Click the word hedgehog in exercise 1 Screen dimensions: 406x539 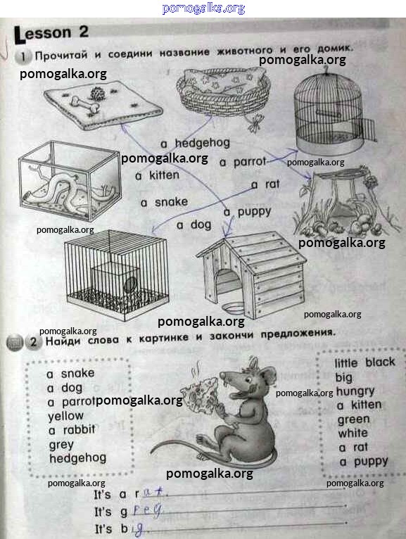(x=202, y=143)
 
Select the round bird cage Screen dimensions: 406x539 (x=331, y=110)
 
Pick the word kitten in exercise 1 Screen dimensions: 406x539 (x=164, y=175)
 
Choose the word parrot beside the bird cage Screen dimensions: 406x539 (x=250, y=162)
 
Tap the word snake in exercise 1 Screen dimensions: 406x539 (x=171, y=202)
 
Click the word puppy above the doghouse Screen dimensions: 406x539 (x=255, y=212)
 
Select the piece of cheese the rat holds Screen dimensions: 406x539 (x=199, y=394)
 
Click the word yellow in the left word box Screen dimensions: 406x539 (x=65, y=417)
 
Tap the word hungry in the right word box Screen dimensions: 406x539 (x=355, y=391)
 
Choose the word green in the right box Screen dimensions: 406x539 (x=354, y=419)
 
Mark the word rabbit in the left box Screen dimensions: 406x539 (x=79, y=430)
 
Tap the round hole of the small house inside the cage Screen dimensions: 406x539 (x=130, y=285)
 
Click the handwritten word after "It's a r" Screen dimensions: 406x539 (x=153, y=493)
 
